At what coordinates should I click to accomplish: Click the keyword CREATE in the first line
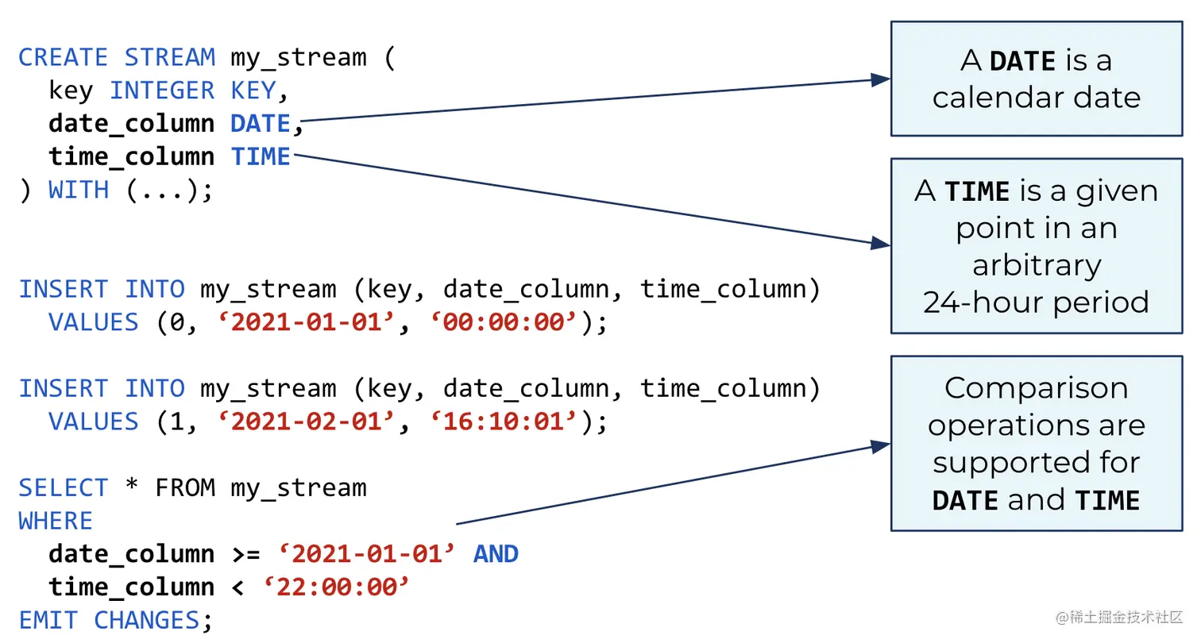63,57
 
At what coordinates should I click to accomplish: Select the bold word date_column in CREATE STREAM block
131,124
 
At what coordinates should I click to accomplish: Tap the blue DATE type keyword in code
261,124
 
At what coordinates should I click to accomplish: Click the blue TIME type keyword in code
261,157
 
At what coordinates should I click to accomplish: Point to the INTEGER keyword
162,90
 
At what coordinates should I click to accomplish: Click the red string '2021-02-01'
306,422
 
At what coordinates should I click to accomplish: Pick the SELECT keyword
63,487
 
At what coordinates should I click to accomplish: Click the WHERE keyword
56,521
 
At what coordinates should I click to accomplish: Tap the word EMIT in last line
48,620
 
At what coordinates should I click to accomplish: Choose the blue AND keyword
496,553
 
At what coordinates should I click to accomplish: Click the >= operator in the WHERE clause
245,553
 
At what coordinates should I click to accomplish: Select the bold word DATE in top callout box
1022,60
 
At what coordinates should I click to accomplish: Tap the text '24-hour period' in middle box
1036,302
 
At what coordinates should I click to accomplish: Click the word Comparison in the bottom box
1036,388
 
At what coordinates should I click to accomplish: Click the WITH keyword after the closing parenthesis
79,190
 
